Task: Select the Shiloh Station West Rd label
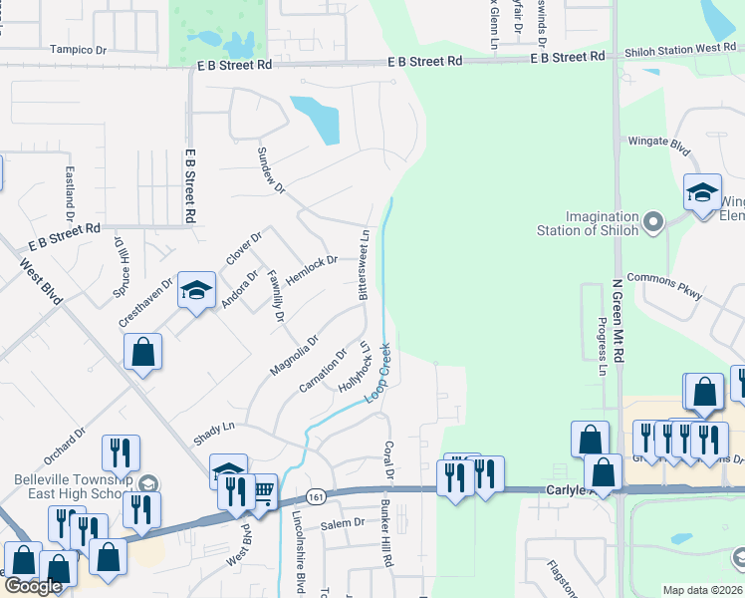[x=680, y=49]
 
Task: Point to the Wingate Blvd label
[x=658, y=143]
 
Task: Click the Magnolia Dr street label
[x=294, y=356]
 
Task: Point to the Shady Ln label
[x=214, y=426]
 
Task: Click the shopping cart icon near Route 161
[x=263, y=489]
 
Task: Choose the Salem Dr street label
[x=343, y=523]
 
